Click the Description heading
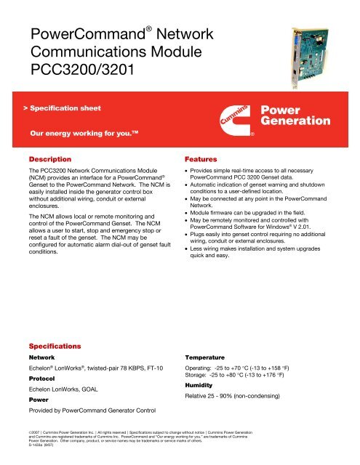tap(49, 158)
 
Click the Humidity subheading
tap(204, 387)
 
